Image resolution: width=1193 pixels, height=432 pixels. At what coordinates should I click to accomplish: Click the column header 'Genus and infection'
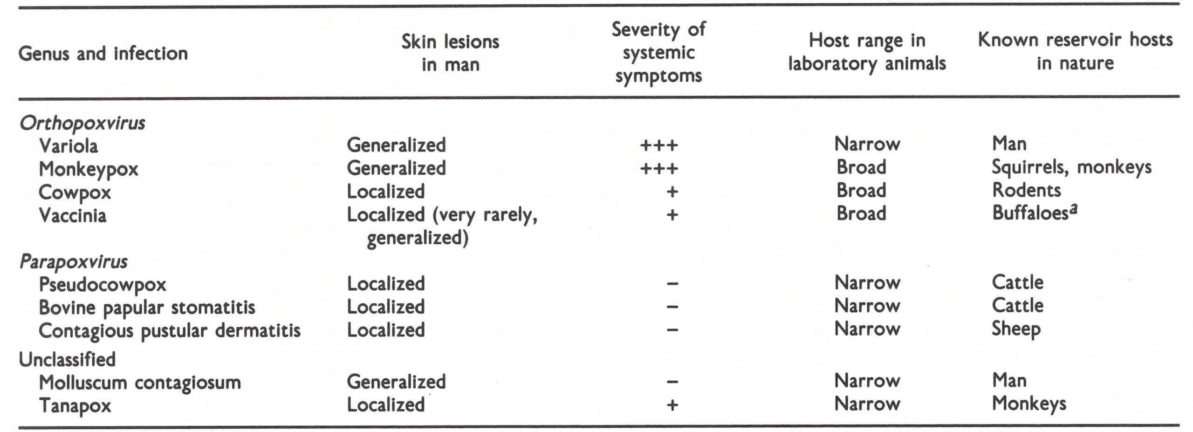[103, 54]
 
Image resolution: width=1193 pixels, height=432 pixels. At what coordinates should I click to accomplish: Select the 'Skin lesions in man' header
[450, 53]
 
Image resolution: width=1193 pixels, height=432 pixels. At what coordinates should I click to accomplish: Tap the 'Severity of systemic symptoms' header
[658, 52]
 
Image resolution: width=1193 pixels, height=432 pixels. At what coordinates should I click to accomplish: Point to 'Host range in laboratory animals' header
[867, 52]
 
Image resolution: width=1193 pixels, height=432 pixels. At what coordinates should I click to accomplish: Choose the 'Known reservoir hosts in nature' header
[1075, 51]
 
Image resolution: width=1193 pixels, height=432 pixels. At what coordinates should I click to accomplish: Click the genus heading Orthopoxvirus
[82, 123]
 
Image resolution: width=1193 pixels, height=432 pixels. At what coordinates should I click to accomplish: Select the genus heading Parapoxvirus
[73, 262]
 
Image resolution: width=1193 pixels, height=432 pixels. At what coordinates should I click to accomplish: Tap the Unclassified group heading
[67, 359]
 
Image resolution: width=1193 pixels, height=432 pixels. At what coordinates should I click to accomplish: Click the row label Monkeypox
[89, 169]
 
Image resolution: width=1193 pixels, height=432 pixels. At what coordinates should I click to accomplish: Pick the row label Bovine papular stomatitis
[147, 308]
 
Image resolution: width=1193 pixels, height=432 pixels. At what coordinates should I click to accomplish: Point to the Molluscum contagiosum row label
[140, 383]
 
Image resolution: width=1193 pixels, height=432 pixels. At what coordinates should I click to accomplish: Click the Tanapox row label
[75, 405]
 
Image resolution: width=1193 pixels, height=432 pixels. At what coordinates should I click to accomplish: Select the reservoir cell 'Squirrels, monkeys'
[1071, 167]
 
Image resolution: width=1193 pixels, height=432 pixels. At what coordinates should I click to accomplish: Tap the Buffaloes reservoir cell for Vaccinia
[1034, 213]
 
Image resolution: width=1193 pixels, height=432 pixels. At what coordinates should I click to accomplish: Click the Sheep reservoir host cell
[1016, 329]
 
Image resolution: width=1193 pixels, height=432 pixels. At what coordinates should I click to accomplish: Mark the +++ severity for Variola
[658, 145]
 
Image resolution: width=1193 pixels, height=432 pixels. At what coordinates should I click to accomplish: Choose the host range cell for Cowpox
[861, 191]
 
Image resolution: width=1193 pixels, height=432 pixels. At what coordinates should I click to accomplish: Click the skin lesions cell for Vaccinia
[442, 226]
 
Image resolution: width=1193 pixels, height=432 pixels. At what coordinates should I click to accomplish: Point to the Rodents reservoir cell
[1026, 190]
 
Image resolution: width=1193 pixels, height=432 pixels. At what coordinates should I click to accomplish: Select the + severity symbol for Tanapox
[672, 405]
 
